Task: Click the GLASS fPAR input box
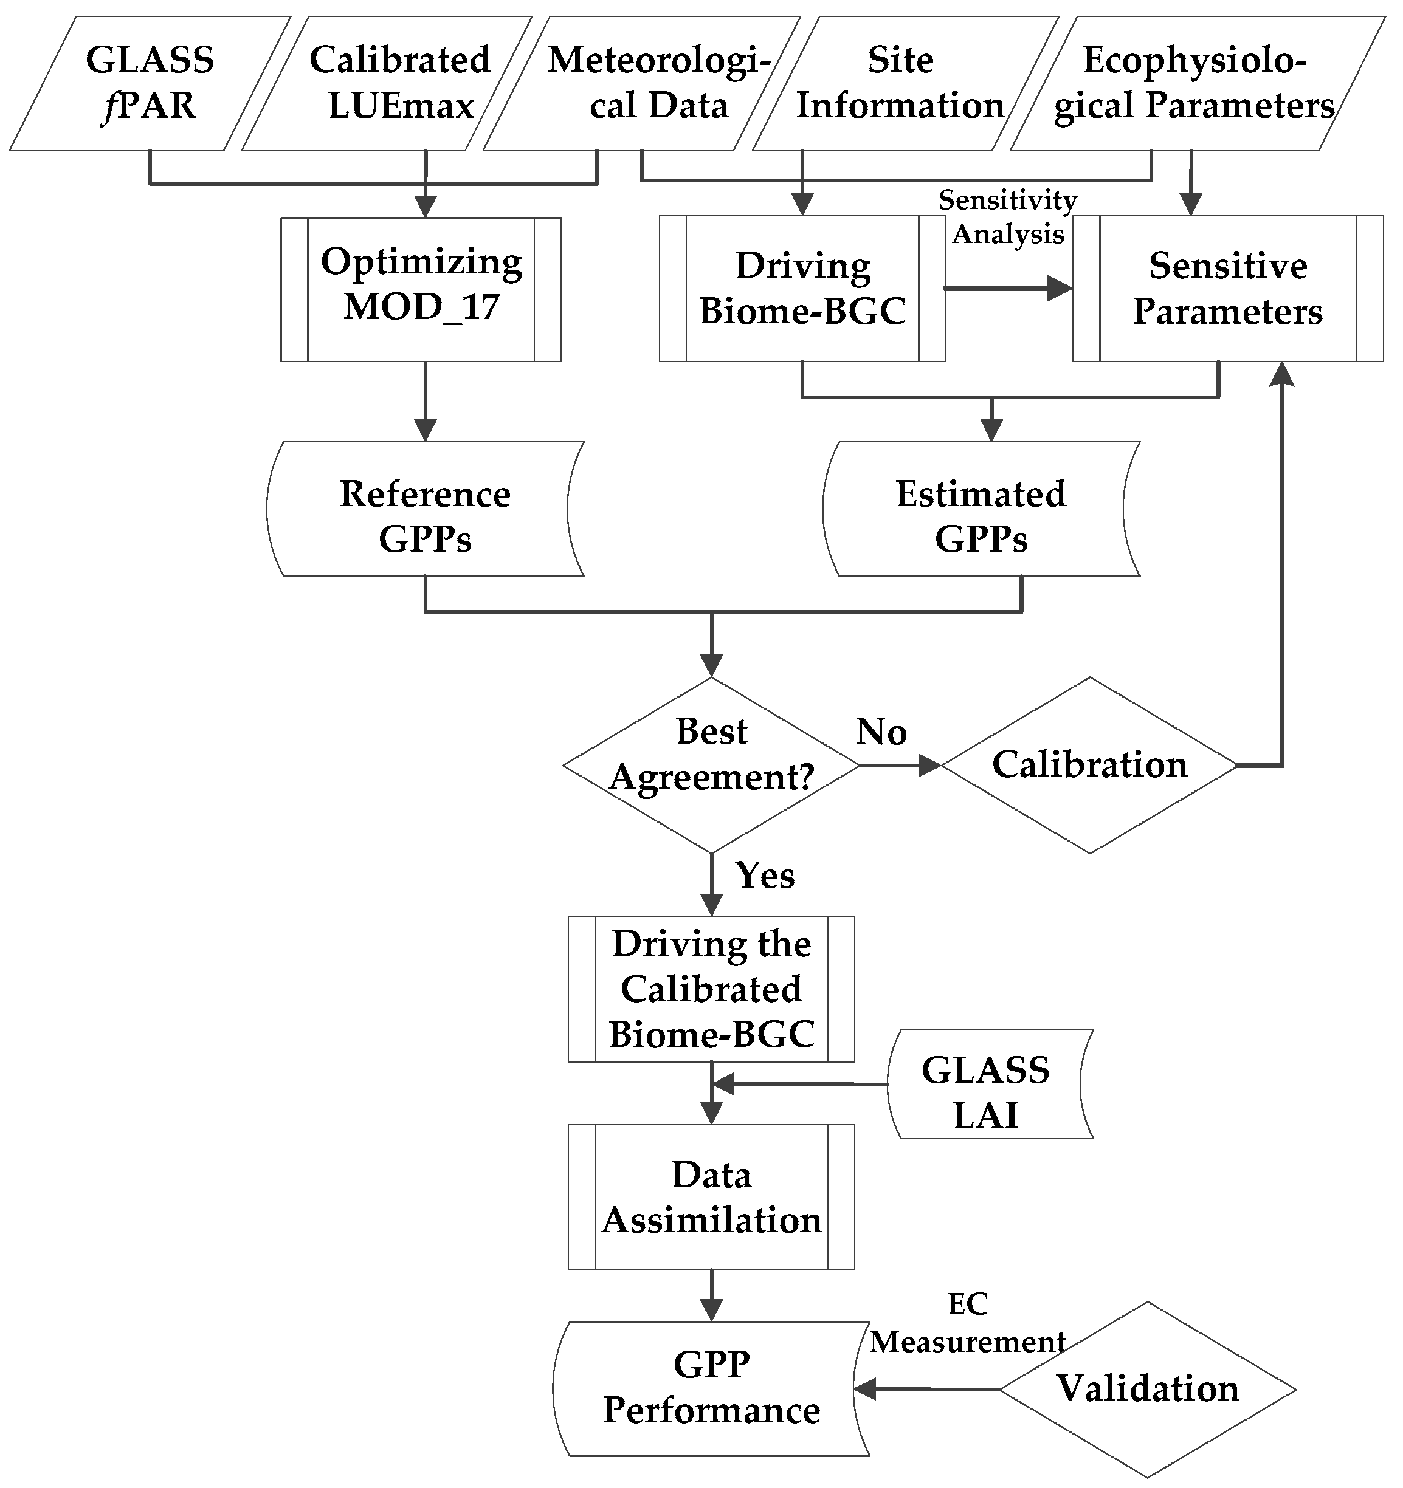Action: pos(150,83)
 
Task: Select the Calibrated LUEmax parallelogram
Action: pos(387,83)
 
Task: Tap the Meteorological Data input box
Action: pos(643,83)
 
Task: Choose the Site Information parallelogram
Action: pos(905,83)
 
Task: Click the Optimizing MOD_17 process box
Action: pos(421,290)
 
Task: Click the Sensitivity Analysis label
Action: pos(1008,217)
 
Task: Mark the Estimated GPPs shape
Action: pos(981,509)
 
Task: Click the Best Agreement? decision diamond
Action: pos(711,765)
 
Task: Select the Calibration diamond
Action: pos(1089,765)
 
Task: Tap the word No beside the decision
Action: pos(881,732)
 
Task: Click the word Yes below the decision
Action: pos(764,875)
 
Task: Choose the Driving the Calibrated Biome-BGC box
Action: pos(711,989)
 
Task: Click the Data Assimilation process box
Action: pos(711,1197)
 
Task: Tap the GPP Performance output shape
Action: pos(711,1388)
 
